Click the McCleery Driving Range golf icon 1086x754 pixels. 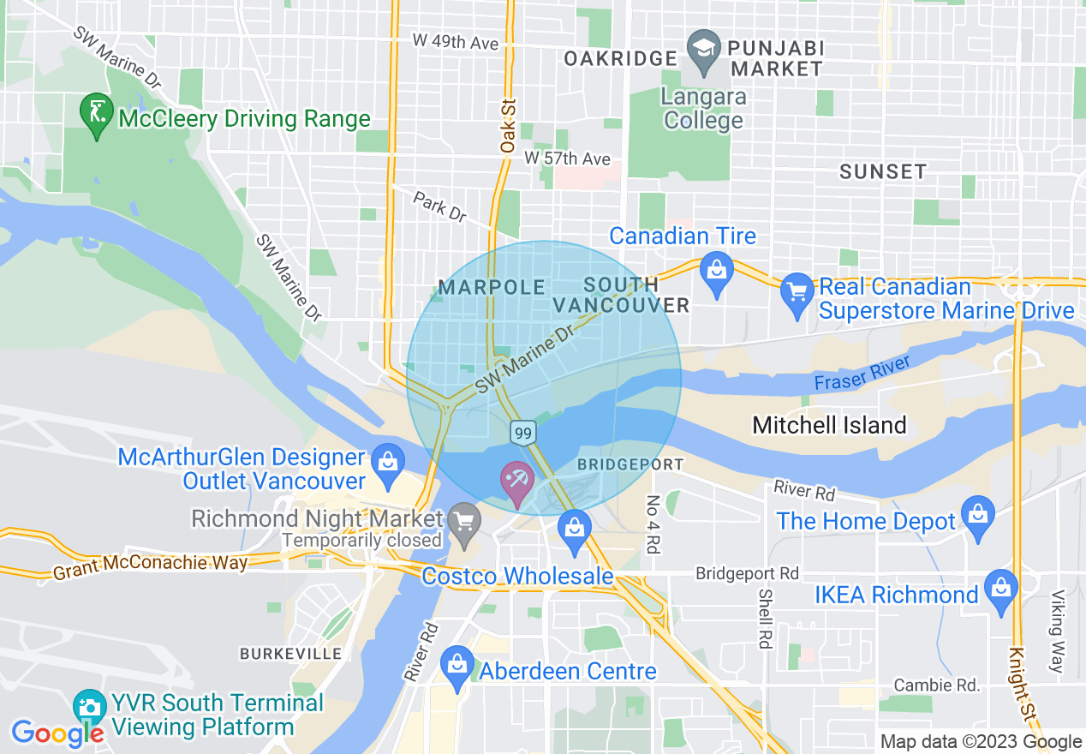click(96, 112)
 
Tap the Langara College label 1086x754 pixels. click(703, 109)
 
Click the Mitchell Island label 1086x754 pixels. click(829, 425)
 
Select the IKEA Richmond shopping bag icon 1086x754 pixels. click(1000, 589)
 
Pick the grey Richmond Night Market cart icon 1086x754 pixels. click(464, 522)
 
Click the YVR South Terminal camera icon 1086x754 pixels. click(89, 708)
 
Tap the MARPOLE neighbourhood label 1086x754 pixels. click(492, 287)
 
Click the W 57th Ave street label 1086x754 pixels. click(567, 159)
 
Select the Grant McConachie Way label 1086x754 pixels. click(150, 565)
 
